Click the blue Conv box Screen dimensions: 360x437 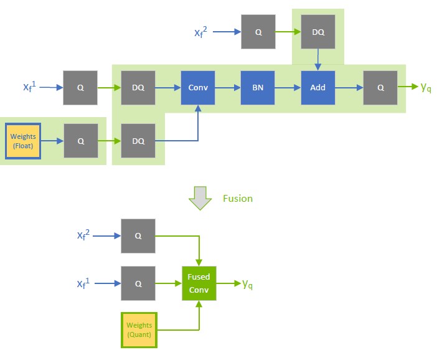click(x=198, y=88)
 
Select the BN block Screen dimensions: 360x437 click(x=258, y=88)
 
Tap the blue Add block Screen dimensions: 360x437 click(x=317, y=88)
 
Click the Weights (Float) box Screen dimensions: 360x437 click(x=23, y=141)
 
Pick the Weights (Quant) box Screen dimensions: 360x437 click(x=139, y=330)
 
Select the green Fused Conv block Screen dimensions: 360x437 click(x=199, y=283)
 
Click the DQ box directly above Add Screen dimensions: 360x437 click(x=317, y=32)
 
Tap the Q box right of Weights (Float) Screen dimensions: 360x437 click(x=81, y=141)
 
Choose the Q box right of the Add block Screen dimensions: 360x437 click(x=380, y=88)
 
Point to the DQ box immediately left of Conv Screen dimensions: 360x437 click(x=138, y=88)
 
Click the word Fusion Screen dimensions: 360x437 click(x=238, y=199)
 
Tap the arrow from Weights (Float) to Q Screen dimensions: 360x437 click(x=52, y=141)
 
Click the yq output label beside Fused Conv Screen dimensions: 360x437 click(x=247, y=284)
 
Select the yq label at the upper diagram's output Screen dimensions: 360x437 click(x=426, y=88)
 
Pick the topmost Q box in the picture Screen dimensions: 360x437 click(x=258, y=32)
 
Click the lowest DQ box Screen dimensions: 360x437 click(x=138, y=141)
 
